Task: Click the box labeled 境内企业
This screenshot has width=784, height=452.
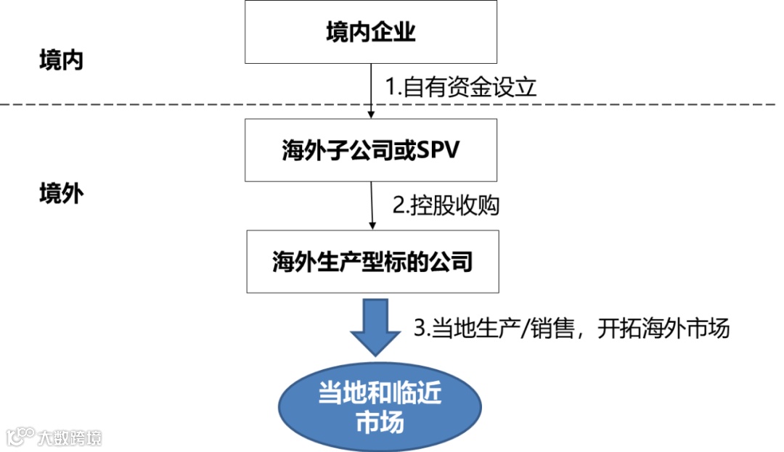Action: (371, 33)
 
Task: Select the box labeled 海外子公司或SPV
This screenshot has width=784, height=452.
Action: (371, 150)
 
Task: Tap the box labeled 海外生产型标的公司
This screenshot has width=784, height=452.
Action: (372, 261)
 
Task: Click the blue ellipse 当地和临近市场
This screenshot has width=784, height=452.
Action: (380, 408)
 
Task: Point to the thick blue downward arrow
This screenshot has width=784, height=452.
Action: (376, 327)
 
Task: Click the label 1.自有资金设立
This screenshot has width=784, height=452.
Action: (460, 88)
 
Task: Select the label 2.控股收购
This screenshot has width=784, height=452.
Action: (446, 206)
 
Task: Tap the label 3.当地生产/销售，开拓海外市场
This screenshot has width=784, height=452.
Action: (571, 328)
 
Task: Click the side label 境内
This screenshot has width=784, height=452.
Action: (61, 60)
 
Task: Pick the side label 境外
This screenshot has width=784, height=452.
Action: (61, 194)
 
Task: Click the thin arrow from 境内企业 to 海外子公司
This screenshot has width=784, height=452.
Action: (371, 91)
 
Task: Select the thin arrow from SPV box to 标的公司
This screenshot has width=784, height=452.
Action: (372, 206)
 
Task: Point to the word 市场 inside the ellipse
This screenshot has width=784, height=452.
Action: (380, 422)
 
